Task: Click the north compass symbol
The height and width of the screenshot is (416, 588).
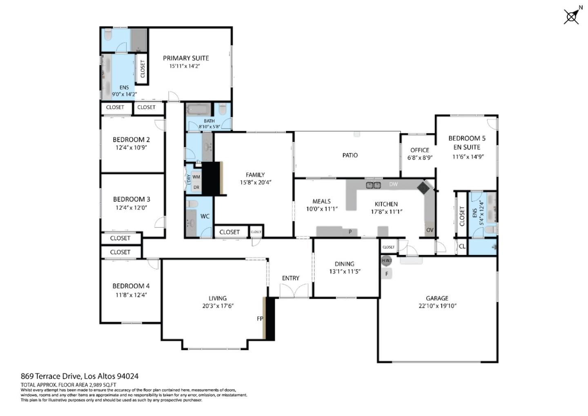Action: pyautogui.click(x=572, y=16)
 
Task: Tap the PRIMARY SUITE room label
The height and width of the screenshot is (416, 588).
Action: pyautogui.click(x=186, y=58)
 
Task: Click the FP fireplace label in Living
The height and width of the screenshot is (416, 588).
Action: pyautogui.click(x=260, y=318)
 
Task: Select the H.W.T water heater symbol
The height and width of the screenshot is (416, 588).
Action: pyautogui.click(x=387, y=260)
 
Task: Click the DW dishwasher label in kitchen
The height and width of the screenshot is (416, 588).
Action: pyautogui.click(x=393, y=184)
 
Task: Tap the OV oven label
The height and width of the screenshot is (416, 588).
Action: pyautogui.click(x=430, y=230)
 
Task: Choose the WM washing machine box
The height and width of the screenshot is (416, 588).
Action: pyautogui.click(x=196, y=177)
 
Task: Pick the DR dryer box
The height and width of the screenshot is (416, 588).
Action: pyautogui.click(x=196, y=188)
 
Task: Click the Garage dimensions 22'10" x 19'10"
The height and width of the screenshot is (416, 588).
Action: pyautogui.click(x=437, y=306)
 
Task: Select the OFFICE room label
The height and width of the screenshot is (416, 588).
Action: pyautogui.click(x=420, y=150)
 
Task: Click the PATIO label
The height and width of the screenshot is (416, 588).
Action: pyautogui.click(x=350, y=155)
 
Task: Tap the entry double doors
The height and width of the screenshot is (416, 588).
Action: pyautogui.click(x=294, y=291)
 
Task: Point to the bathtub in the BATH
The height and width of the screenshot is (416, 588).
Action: pyautogui.click(x=198, y=110)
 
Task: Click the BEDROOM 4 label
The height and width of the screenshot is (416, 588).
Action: pyautogui.click(x=128, y=286)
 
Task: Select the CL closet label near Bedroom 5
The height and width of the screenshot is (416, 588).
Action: pyautogui.click(x=462, y=246)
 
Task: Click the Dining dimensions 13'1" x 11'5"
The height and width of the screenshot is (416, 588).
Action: pyautogui.click(x=345, y=271)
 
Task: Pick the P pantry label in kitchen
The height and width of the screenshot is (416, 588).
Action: pyautogui.click(x=350, y=232)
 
